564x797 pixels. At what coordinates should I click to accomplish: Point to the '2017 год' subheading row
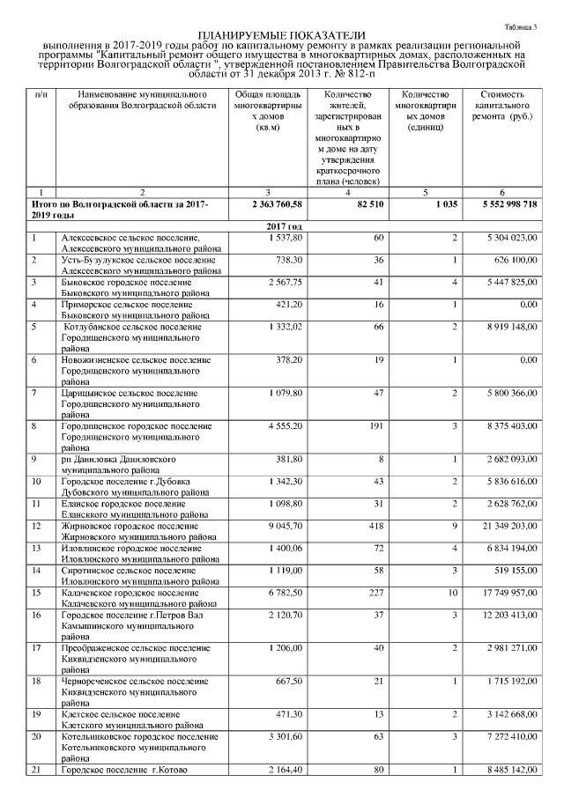click(x=283, y=226)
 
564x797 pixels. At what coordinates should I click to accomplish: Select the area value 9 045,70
click(x=282, y=526)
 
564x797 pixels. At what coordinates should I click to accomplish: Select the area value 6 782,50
click(x=282, y=592)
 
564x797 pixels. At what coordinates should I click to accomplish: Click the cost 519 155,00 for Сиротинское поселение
click(x=511, y=571)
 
